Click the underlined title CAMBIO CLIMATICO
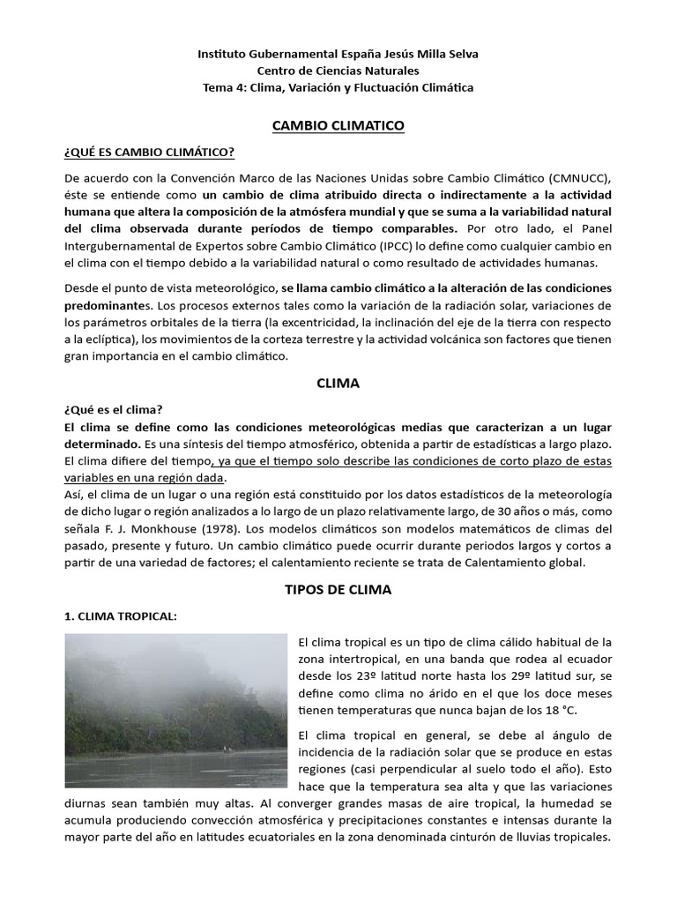pyautogui.click(x=338, y=126)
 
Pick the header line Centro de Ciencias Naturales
pyautogui.click(x=338, y=71)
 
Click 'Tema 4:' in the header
pyautogui.click(x=224, y=87)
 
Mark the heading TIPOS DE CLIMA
pyautogui.click(x=338, y=589)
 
